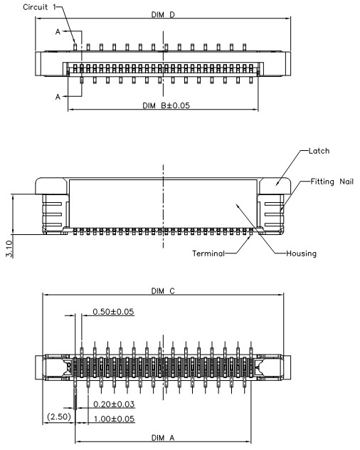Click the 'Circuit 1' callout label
[40, 7]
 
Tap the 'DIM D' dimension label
[163, 15]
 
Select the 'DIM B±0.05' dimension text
[166, 105]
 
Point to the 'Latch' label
[319, 151]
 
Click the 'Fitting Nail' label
[332, 182]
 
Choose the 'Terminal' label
[208, 253]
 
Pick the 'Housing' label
[301, 253]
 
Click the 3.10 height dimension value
[9, 248]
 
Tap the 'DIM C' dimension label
[163, 291]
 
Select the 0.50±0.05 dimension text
[113, 312]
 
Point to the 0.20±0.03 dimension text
[114, 404]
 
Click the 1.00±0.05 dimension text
[114, 419]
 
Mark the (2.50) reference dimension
[59, 417]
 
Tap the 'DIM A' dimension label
[163, 438]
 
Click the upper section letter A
[58, 31]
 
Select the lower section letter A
[58, 97]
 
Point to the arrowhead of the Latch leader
[277, 185]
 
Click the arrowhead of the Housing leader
[237, 204]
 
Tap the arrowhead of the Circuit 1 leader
[75, 43]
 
